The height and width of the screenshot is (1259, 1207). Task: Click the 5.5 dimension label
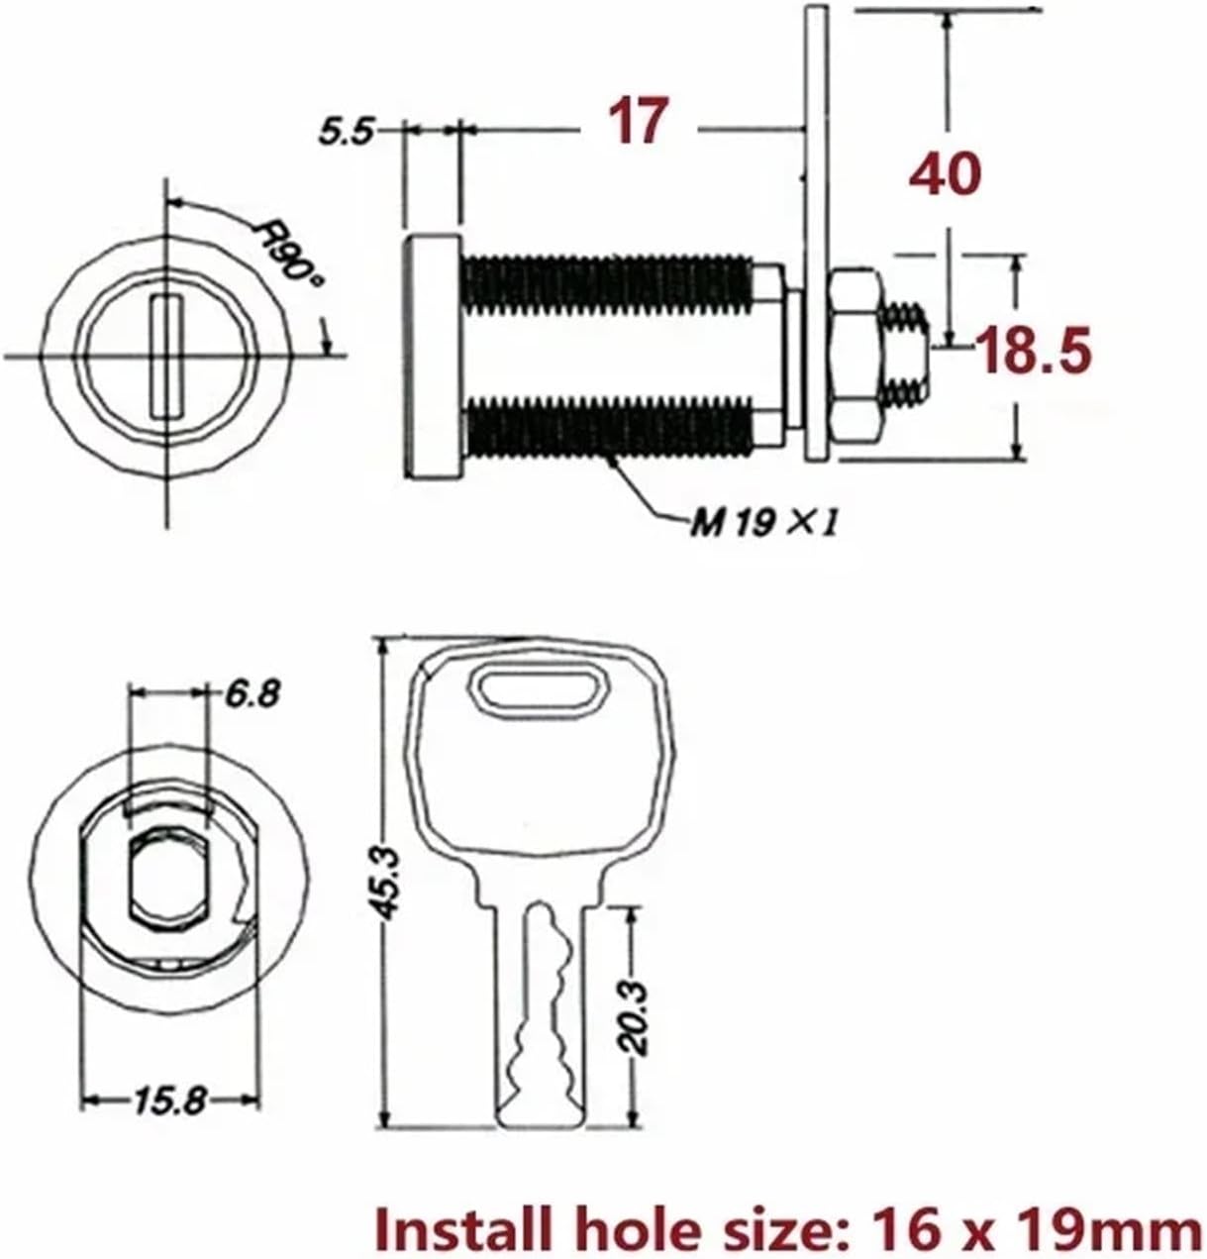pyautogui.click(x=346, y=132)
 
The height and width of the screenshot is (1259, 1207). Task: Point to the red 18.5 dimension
pyautogui.click(x=1035, y=352)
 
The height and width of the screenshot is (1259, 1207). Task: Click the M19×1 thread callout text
pyautogui.click(x=763, y=522)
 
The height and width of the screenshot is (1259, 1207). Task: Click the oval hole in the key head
pyautogui.click(x=540, y=687)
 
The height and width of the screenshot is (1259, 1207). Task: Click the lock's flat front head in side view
pyautogui.click(x=433, y=356)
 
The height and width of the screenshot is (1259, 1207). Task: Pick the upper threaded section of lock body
pyautogui.click(x=606, y=282)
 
